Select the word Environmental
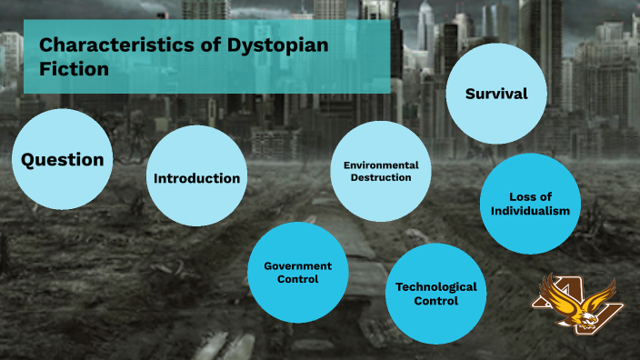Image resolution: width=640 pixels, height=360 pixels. [x=380, y=165]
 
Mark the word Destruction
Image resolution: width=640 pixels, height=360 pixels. [x=380, y=178]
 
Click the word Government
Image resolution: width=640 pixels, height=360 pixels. [x=297, y=265]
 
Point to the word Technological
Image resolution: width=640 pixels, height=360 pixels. [x=435, y=286]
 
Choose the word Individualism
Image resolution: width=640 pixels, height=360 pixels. [x=530, y=211]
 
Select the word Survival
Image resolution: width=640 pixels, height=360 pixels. [x=496, y=94]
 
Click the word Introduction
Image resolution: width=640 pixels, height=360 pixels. [x=196, y=178]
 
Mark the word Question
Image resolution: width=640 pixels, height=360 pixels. [x=62, y=160]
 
